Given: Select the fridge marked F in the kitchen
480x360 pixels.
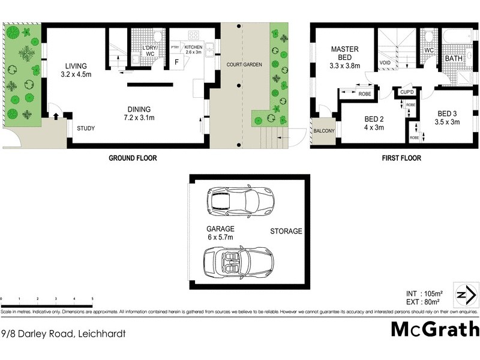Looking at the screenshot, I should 178,61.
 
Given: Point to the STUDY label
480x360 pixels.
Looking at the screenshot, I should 86,128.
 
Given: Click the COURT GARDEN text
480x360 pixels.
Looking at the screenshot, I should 243,64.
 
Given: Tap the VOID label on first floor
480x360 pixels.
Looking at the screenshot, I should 385,62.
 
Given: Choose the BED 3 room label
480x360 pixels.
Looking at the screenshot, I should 448,118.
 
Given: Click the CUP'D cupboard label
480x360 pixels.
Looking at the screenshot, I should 406,92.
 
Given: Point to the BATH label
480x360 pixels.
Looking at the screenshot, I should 453,59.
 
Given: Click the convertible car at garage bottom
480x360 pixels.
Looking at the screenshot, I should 238,262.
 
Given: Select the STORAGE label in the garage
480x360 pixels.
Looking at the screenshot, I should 286,232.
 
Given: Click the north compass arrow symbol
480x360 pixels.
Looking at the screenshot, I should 463,295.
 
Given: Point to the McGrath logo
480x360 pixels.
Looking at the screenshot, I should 435,329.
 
